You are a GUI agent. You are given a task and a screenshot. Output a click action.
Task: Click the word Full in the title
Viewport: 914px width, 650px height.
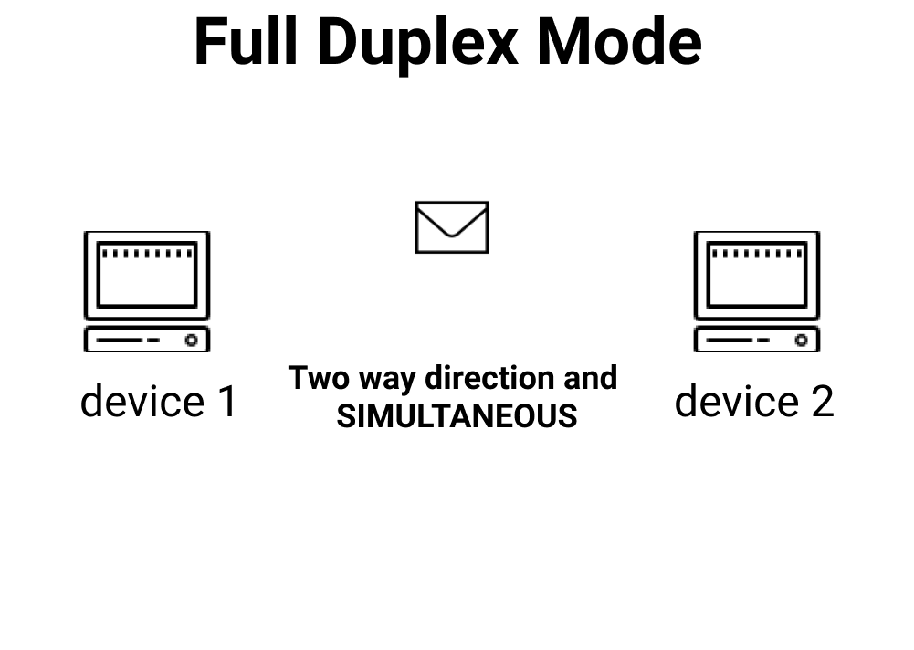[246, 43]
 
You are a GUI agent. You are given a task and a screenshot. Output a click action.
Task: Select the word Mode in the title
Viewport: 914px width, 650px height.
[619, 43]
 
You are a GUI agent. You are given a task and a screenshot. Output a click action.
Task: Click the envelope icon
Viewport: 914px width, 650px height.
[452, 227]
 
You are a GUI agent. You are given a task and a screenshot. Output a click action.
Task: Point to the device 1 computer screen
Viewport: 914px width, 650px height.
[147, 274]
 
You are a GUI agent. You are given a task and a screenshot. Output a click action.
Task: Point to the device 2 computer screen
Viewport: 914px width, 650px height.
[757, 274]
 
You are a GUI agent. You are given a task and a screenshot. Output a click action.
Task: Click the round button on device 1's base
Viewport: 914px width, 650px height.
[191, 341]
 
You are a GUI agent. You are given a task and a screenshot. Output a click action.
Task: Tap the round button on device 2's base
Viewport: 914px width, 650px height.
[801, 341]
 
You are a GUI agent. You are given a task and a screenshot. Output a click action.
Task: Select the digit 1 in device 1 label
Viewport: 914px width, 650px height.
[226, 402]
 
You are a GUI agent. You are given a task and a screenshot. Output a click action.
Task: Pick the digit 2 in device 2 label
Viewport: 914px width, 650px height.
[821, 402]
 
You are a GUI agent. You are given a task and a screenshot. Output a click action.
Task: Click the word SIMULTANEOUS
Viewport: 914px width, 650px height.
[457, 416]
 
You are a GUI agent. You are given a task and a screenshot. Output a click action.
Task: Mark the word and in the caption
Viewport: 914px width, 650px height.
[590, 378]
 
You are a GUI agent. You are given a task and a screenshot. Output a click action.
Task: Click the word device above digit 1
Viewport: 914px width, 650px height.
[142, 402]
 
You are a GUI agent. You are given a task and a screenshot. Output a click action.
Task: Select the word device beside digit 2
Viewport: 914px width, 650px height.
[736, 402]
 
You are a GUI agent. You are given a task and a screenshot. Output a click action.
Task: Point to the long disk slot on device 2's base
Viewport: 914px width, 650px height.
[730, 341]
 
